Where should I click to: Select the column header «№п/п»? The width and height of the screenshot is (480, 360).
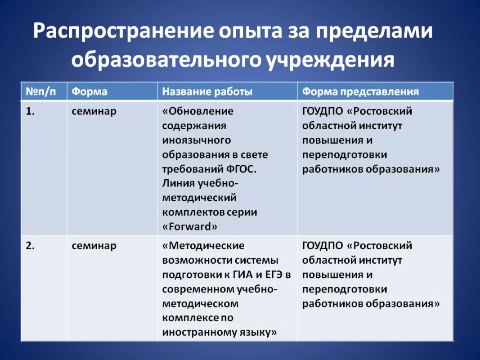tap(41, 91)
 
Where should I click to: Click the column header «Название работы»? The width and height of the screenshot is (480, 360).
tap(207, 91)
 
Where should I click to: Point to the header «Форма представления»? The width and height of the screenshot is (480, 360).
tap(360, 91)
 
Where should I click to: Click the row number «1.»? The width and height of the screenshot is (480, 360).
tap(30, 111)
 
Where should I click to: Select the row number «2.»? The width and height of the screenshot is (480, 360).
tap(30, 246)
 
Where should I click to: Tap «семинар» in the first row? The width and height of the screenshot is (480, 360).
tap(94, 112)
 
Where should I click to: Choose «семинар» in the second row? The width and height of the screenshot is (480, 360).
tap(94, 246)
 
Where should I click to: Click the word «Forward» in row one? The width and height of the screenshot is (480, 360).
tap(190, 226)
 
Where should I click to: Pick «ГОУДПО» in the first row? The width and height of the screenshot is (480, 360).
tap(323, 111)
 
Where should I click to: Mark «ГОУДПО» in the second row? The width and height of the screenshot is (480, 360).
tap(323, 246)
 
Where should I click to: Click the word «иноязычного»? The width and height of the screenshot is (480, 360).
tap(197, 140)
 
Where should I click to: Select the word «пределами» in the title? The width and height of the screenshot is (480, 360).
tap(374, 31)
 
